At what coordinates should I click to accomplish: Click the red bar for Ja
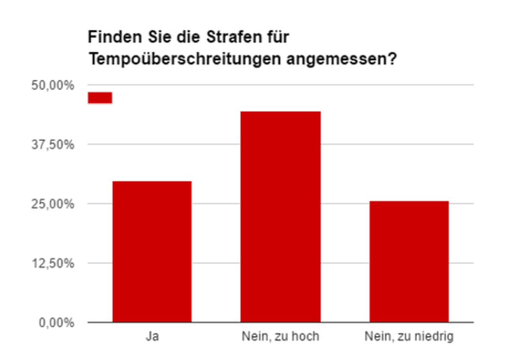(152, 251)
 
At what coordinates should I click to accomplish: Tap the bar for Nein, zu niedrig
(409, 261)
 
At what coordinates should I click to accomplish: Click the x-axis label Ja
(152, 337)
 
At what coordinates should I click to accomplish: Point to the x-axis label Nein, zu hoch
(280, 337)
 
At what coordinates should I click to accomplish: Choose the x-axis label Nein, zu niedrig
(409, 337)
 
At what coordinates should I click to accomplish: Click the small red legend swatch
(100, 98)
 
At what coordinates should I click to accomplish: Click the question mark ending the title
(391, 60)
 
